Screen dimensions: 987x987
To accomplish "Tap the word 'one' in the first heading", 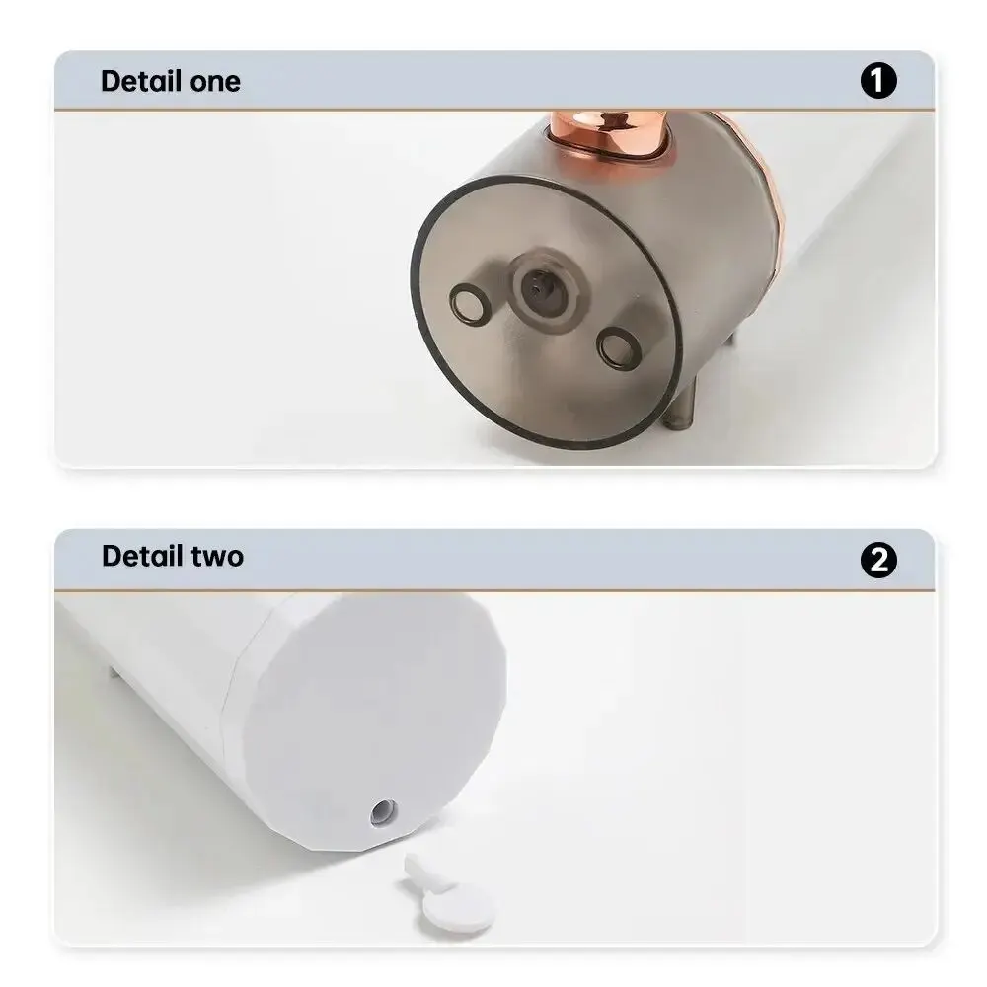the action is (215, 83).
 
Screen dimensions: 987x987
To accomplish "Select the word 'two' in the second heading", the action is (217, 557).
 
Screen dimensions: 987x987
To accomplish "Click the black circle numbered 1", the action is (878, 80).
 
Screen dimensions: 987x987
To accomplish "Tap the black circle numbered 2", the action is (878, 560).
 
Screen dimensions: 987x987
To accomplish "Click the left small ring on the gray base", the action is (470, 305).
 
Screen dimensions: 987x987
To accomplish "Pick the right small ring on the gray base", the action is (618, 348).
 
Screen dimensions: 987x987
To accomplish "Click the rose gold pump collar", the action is (607, 134).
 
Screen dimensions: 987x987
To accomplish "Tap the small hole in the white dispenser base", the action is (383, 812).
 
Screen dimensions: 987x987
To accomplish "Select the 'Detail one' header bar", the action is (494, 81).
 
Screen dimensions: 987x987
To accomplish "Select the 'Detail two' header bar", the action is (494, 560).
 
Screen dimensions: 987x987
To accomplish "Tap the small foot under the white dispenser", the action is (114, 671).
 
